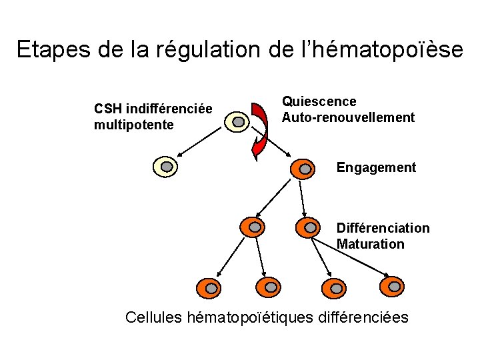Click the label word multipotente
134,125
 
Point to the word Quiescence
319,101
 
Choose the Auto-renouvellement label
348,117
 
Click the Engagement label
376,167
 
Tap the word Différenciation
383,228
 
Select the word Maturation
371,244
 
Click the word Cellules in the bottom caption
155,317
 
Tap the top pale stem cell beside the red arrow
237,123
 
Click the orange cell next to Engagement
304,169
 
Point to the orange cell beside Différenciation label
309,227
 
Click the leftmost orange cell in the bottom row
209,288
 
